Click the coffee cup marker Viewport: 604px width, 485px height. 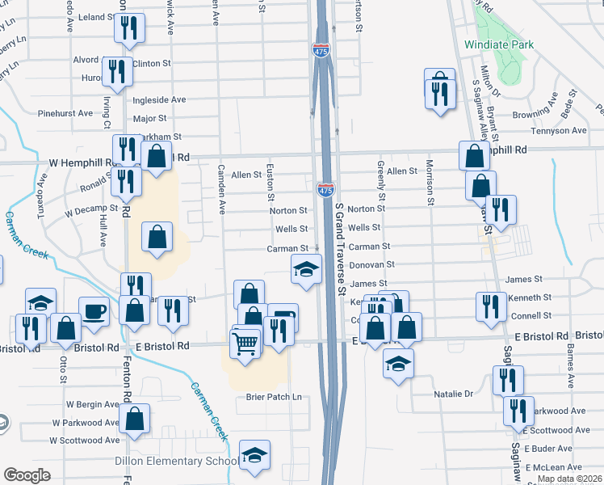(94, 311)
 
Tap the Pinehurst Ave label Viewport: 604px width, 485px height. (65, 113)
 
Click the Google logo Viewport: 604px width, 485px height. (27, 475)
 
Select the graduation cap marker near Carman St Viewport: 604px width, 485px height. (307, 269)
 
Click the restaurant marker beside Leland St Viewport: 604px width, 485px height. (130, 28)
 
